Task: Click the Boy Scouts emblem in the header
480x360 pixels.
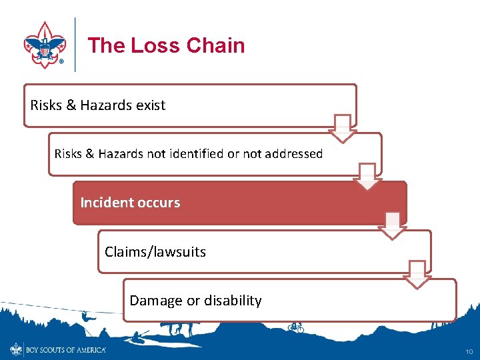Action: [x=45, y=45]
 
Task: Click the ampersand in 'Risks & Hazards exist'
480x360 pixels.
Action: [x=71, y=105]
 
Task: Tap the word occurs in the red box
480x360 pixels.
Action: [x=157, y=203]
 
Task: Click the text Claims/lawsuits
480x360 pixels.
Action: [x=155, y=252]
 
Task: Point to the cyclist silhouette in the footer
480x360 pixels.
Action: [x=295, y=327]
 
